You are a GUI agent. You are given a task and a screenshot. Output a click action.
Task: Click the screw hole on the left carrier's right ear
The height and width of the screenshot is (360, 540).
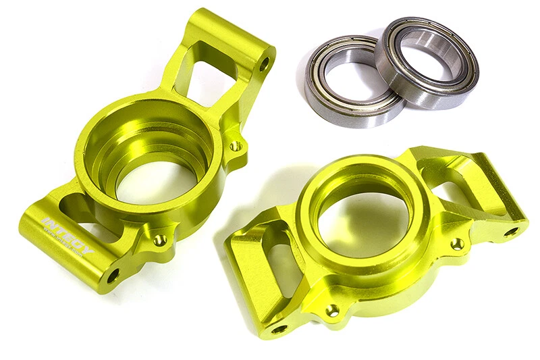(234, 146)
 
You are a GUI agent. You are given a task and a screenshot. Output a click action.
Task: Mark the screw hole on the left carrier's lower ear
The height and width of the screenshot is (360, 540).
(159, 239)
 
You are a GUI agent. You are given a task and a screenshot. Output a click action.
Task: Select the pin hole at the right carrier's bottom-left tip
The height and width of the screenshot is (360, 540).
(278, 328)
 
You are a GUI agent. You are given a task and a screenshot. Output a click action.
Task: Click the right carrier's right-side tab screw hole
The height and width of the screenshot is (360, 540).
(458, 243)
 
